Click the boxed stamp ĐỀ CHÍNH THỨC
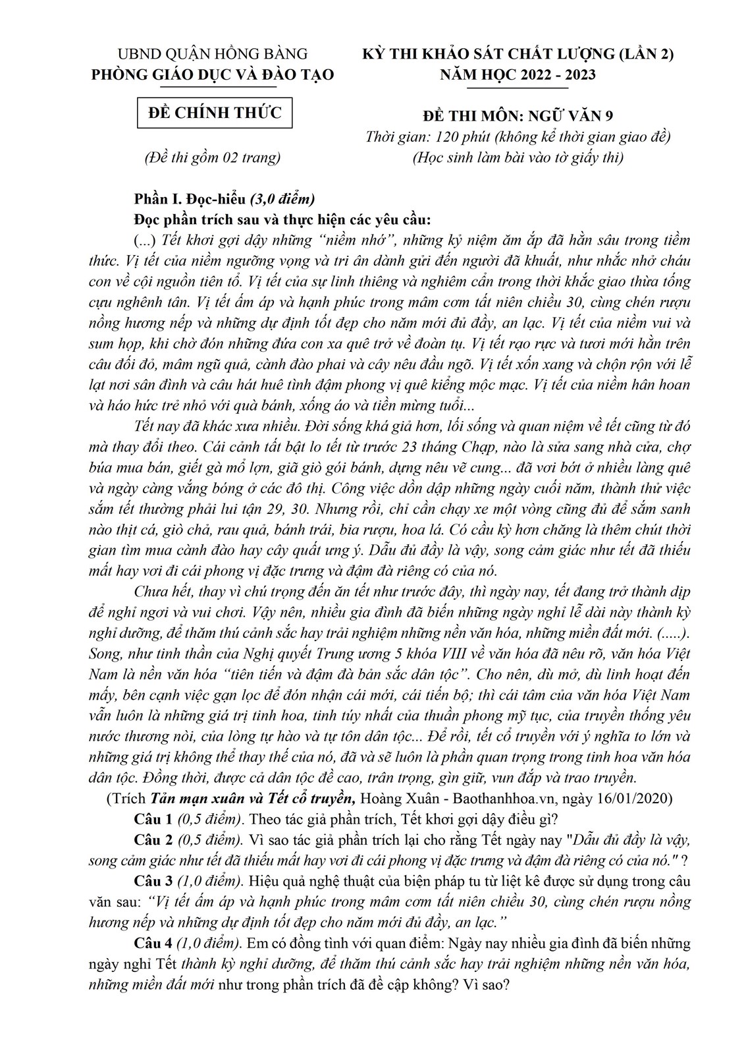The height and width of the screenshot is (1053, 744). tap(215, 113)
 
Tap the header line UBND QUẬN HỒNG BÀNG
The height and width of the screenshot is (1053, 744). tap(212, 54)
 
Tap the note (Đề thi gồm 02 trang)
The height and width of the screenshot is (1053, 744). tap(212, 157)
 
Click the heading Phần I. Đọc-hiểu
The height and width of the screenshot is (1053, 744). tap(190, 198)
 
